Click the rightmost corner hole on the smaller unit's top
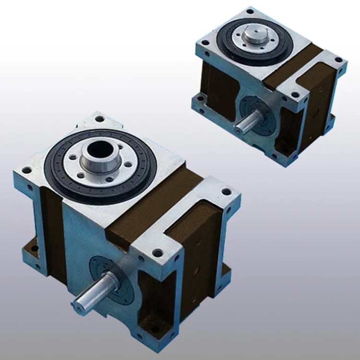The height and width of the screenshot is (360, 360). point(338,60)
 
